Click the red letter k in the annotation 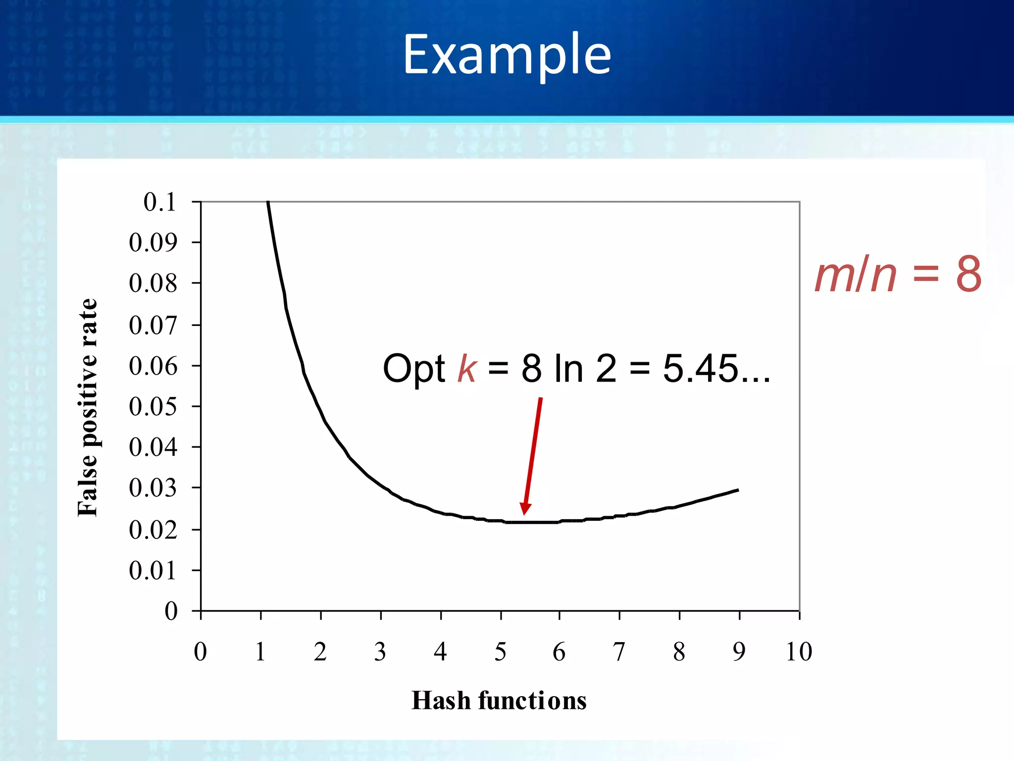467,369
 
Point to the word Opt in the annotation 414,370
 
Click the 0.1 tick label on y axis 159,202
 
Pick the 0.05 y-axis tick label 153,407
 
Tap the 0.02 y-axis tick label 153,530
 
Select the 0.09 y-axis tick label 153,243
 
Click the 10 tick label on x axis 799,652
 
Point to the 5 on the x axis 501,652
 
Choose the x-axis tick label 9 739,652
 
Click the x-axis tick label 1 260,652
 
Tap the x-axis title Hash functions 499,701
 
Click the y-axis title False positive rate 88,407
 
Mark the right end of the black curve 738,490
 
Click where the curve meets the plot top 268,202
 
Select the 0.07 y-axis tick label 153,326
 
